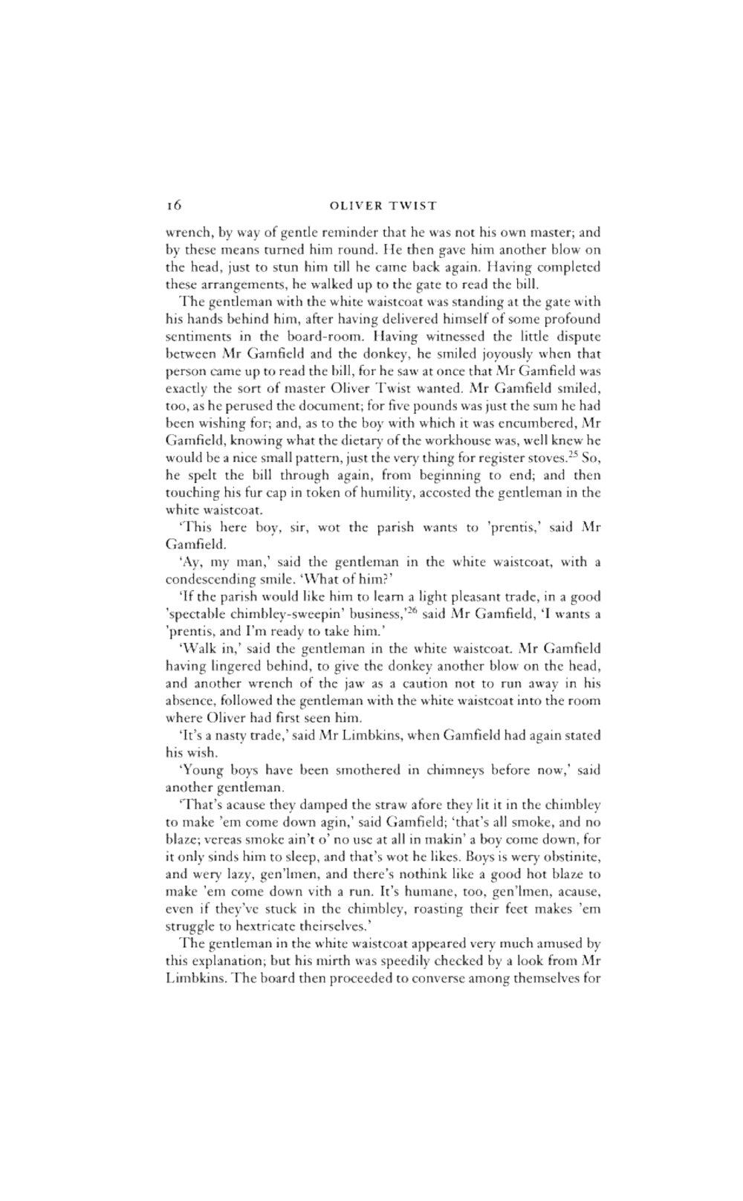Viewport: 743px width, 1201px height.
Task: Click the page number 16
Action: click(172, 204)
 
